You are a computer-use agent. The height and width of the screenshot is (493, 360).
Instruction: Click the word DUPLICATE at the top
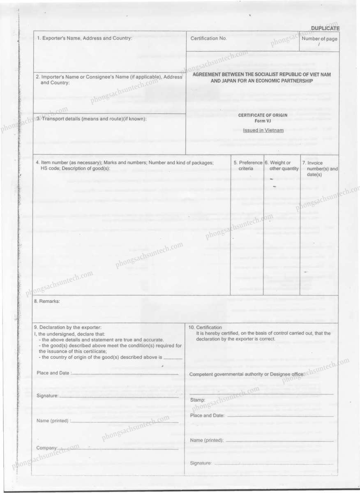click(325, 28)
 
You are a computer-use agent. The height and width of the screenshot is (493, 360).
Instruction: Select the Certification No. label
click(209, 39)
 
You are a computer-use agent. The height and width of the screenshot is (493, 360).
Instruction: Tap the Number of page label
click(319, 39)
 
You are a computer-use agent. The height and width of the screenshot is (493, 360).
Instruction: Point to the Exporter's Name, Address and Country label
click(85, 38)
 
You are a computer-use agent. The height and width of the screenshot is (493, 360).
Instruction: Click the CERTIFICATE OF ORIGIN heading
click(263, 115)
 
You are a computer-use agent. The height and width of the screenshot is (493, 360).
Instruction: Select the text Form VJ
click(263, 120)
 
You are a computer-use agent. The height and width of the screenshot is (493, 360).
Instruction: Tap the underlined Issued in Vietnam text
click(263, 130)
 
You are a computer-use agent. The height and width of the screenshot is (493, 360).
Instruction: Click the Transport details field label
click(92, 119)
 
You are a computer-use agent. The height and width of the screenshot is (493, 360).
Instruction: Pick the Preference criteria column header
click(247, 166)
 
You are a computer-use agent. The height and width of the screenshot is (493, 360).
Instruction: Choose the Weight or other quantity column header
click(282, 166)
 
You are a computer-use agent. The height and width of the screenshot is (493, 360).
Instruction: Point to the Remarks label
click(47, 301)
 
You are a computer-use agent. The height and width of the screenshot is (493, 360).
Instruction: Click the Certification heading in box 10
click(205, 327)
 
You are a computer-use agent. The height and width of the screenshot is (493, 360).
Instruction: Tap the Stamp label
click(198, 400)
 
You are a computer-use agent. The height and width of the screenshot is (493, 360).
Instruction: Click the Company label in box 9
click(47, 448)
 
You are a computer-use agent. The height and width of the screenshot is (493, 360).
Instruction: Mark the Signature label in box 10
click(201, 463)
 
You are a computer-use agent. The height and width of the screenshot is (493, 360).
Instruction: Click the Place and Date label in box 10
click(208, 415)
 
